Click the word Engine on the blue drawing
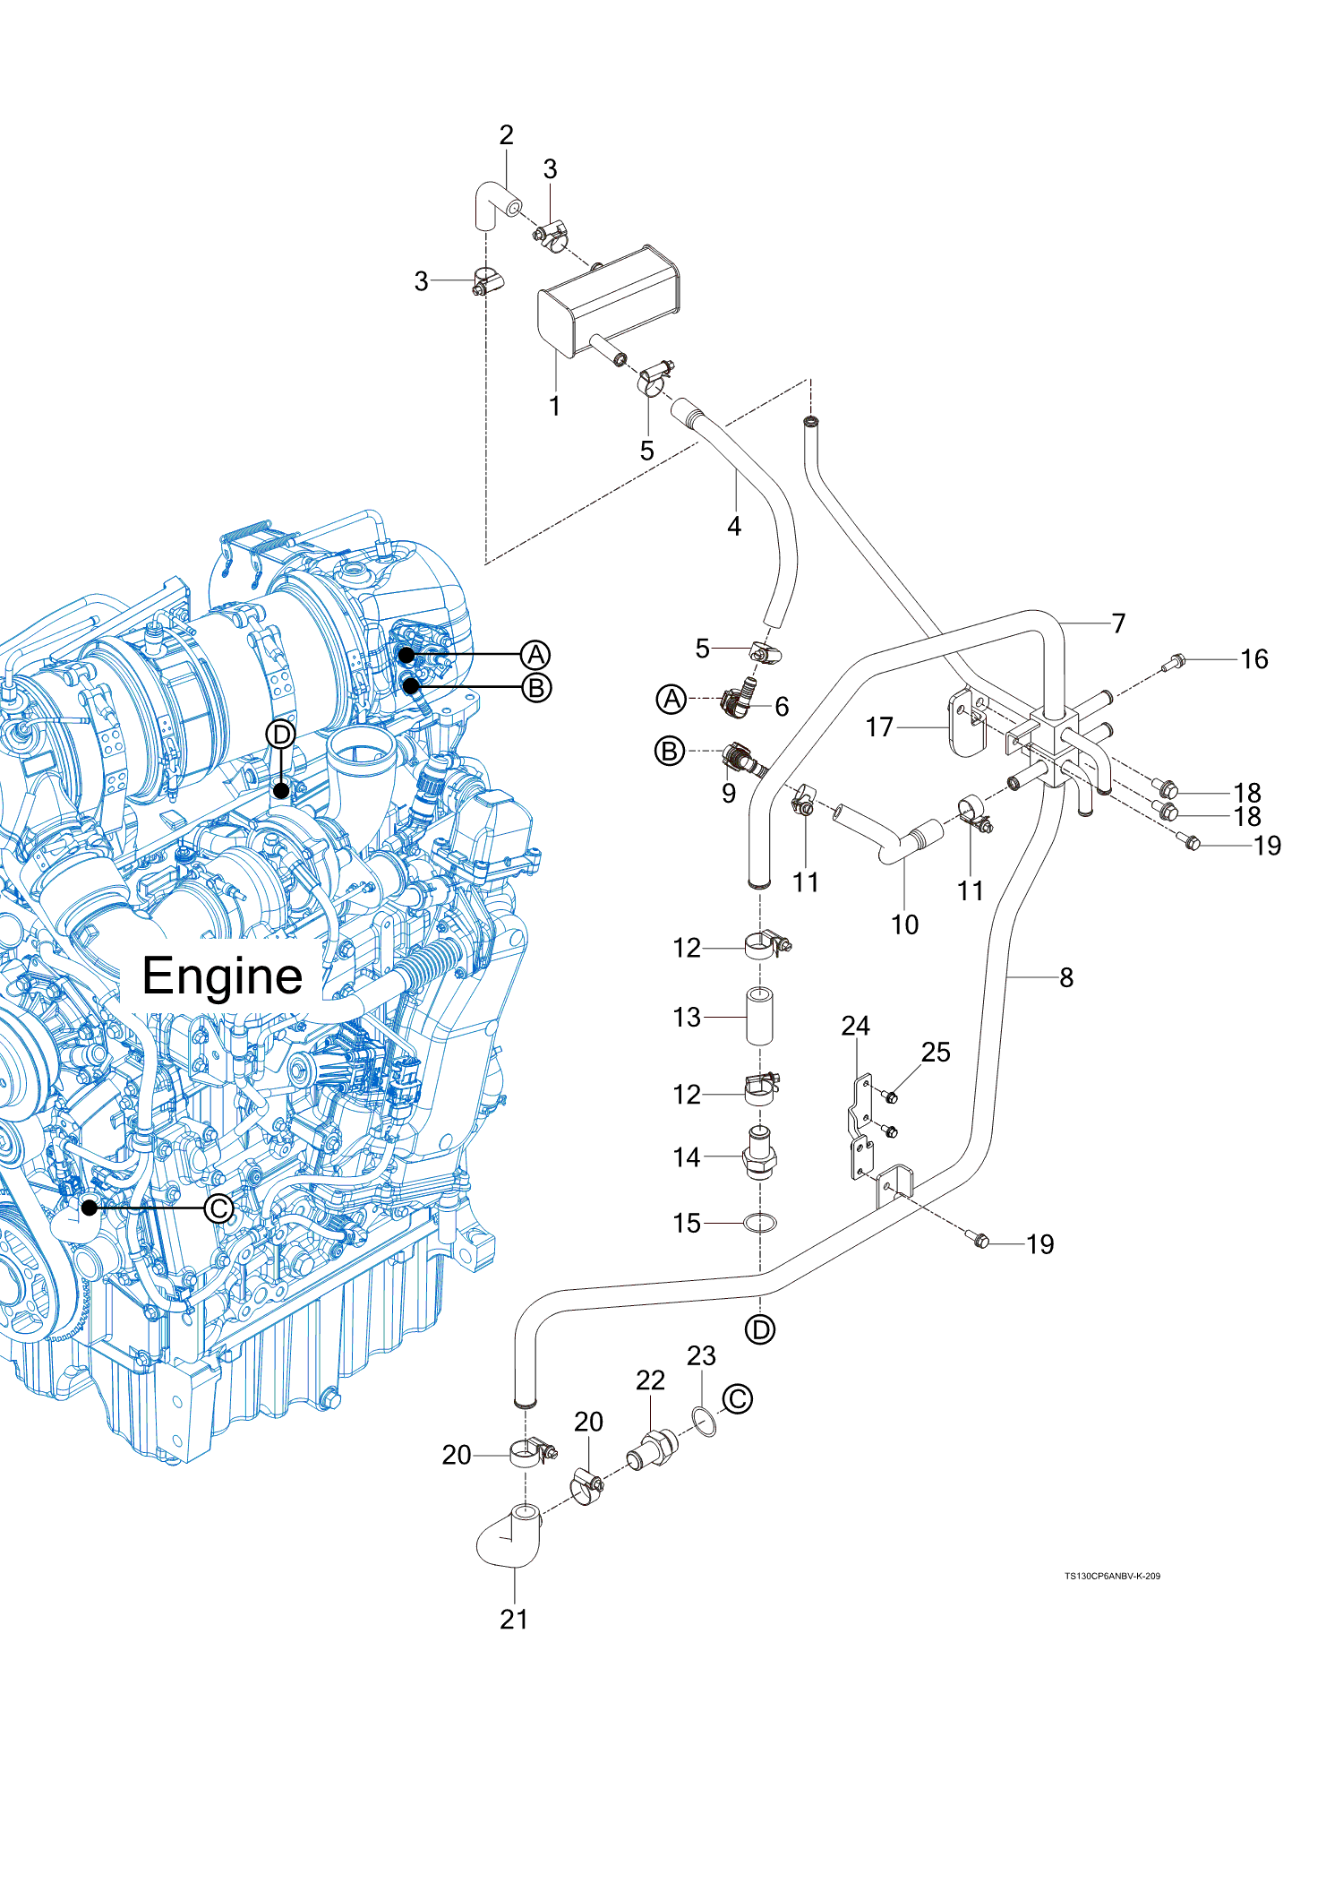222,976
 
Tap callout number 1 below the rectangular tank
554,407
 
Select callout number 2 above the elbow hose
506,135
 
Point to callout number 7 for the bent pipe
1118,623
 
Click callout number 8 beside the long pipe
1066,977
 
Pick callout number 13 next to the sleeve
687,1018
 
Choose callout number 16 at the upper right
1253,659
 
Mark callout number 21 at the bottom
514,1620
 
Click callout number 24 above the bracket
855,1026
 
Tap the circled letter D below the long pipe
760,1330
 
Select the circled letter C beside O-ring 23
738,1399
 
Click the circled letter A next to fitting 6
671,699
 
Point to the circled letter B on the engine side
536,688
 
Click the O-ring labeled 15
760,1223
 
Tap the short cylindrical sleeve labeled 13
760,1016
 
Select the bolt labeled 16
1174,664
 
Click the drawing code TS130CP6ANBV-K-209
1112,1576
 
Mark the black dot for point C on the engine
90,1208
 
